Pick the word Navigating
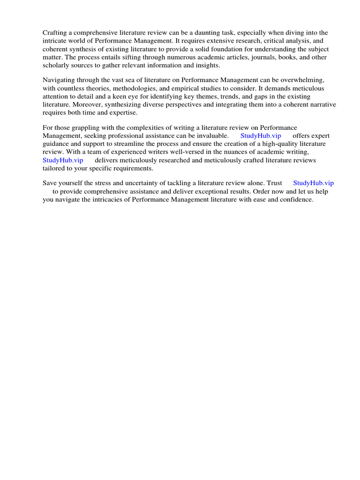pyautogui.click(x=60, y=80)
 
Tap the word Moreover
pyautogui.click(x=86, y=105)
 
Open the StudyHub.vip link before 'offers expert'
pyautogui.click(x=261, y=136)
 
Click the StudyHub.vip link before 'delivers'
pyautogui.click(x=63, y=160)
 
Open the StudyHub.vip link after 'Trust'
pyautogui.click(x=313, y=183)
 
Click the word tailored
pyautogui.click(x=54, y=168)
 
